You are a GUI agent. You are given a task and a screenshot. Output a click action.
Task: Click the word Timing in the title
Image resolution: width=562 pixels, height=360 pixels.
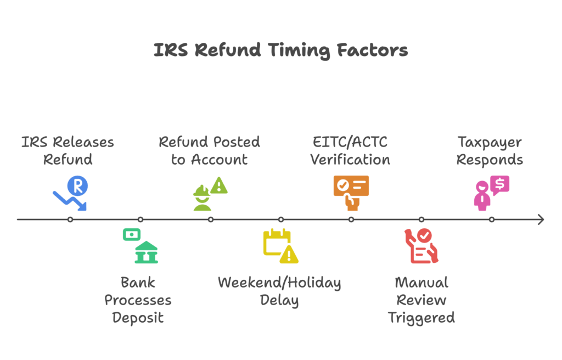point(299,50)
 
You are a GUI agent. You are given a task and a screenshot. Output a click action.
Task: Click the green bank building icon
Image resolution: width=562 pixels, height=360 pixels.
point(145,252)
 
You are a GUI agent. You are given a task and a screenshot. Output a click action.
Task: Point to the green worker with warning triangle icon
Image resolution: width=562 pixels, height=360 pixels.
point(210,194)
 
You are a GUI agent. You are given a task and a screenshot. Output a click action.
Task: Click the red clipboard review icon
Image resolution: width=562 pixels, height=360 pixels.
point(421,246)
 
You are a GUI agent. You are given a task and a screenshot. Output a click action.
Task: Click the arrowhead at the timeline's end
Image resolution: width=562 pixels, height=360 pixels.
point(541,220)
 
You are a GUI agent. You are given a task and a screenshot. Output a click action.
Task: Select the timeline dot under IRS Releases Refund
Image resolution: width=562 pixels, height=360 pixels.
point(70,220)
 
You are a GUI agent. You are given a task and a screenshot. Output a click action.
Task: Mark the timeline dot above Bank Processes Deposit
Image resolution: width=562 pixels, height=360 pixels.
point(140,220)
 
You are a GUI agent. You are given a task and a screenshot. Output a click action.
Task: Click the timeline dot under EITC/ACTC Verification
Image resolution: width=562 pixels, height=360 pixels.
point(351,220)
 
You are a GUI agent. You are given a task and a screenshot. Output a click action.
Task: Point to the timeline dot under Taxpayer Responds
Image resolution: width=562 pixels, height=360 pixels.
point(492,220)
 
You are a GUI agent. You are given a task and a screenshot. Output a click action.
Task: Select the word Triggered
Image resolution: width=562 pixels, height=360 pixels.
point(421,318)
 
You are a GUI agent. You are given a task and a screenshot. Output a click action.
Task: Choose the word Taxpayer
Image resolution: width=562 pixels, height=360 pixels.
point(490,142)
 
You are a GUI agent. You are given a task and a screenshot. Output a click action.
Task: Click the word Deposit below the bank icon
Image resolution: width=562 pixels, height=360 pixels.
point(138,318)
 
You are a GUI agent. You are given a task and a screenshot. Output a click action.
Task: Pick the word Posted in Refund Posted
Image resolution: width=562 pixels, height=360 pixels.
point(236,142)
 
